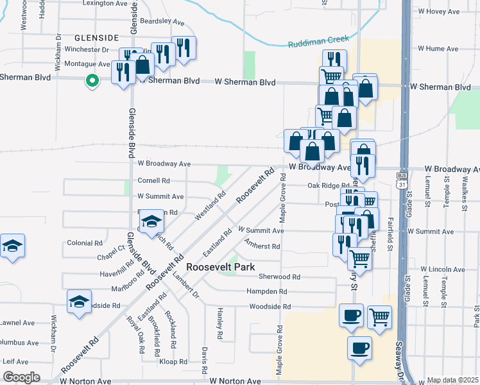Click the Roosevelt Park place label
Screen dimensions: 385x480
click(x=220, y=267)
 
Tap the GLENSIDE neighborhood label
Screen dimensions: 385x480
click(x=96, y=38)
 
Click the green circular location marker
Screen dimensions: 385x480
click(x=92, y=81)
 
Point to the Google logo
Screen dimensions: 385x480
click(x=21, y=377)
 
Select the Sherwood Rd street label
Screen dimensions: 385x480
click(x=279, y=277)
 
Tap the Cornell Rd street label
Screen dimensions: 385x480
click(x=153, y=180)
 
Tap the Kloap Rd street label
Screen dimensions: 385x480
click(x=173, y=362)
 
